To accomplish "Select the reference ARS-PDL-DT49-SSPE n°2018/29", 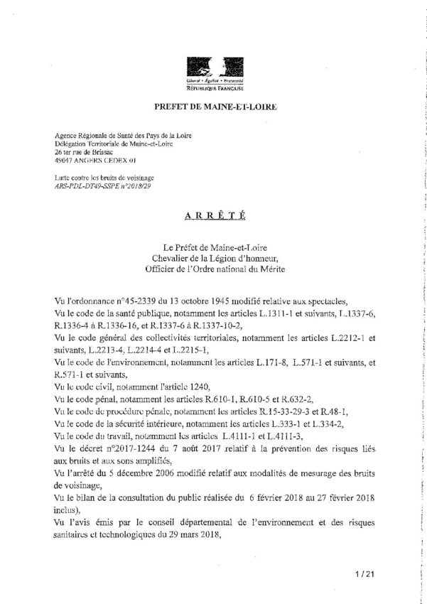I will [x=103, y=185].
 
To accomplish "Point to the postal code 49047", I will [x=66, y=161].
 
